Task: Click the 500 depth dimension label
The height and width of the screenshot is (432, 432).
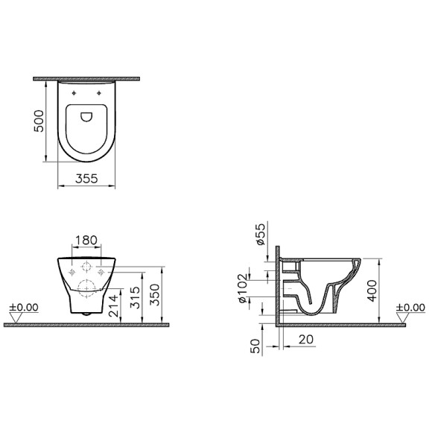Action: (x=42, y=118)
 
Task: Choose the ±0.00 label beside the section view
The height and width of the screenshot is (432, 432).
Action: (x=410, y=307)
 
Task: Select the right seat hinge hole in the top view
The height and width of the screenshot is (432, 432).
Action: (x=101, y=92)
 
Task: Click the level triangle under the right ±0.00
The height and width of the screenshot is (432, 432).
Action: (x=403, y=319)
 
